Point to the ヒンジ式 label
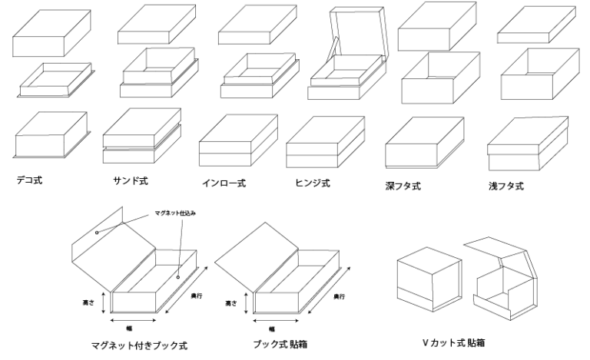click(x=313, y=183)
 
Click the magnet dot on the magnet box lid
click(x=97, y=232)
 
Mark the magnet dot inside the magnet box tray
click(x=177, y=276)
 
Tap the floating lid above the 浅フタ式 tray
click(x=534, y=28)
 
